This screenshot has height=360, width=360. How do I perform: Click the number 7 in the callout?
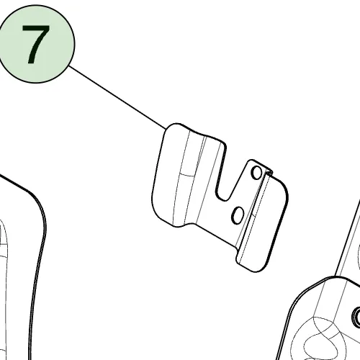tap(36, 44)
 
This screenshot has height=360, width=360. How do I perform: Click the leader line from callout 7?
tap(117, 96)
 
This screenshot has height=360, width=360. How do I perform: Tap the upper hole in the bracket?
tap(256, 173)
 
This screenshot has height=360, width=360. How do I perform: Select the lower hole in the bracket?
tap(238, 215)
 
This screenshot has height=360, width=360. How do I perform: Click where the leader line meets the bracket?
tap(166, 128)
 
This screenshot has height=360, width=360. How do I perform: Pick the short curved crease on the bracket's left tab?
tap(187, 176)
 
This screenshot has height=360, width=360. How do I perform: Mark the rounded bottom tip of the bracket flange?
tap(255, 271)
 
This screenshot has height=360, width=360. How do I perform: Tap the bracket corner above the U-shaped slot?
tap(222, 142)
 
